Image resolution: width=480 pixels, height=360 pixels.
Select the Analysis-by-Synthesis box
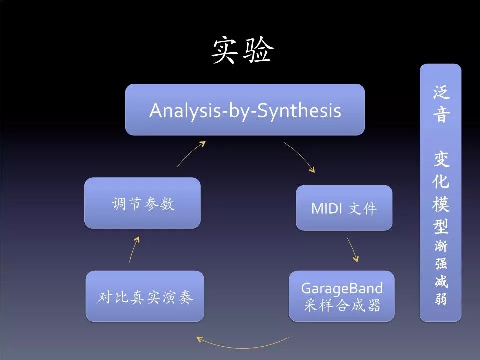[245, 110]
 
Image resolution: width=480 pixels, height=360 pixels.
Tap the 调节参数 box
[142, 203]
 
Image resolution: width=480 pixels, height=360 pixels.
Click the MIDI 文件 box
[344, 208]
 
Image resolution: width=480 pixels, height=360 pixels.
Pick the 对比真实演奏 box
[145, 297]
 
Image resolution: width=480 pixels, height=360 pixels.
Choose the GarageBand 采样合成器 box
[342, 296]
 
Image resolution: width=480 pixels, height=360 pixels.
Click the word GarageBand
[342, 288]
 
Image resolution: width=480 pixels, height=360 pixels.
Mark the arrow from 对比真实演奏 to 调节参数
[133, 249]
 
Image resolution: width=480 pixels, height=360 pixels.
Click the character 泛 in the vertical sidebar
[441, 92]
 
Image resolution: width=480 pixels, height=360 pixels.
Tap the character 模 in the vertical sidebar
[441, 204]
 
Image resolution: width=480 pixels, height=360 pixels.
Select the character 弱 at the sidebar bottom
[441, 301]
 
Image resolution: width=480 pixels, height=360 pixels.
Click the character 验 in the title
[258, 50]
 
